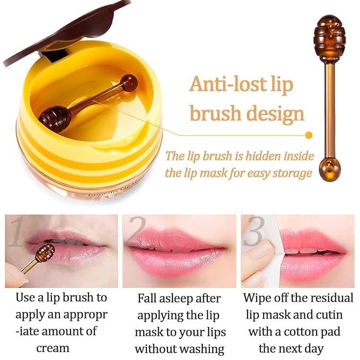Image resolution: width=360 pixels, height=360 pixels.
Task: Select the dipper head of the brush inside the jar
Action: click(x=55, y=117)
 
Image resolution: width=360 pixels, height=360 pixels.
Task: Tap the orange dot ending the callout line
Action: click(x=309, y=135)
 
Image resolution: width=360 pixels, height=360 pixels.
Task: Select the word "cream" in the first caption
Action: click(x=52, y=348)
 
